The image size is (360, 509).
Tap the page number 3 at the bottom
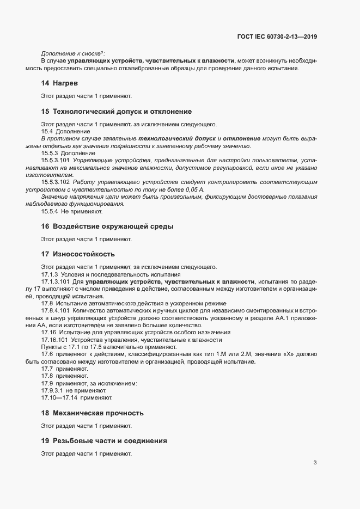315,463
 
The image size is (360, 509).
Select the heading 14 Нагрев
60,83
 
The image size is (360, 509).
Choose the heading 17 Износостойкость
78,254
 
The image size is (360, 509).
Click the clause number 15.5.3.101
56,161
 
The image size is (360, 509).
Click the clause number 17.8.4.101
56,310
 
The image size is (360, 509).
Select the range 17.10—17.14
60,398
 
